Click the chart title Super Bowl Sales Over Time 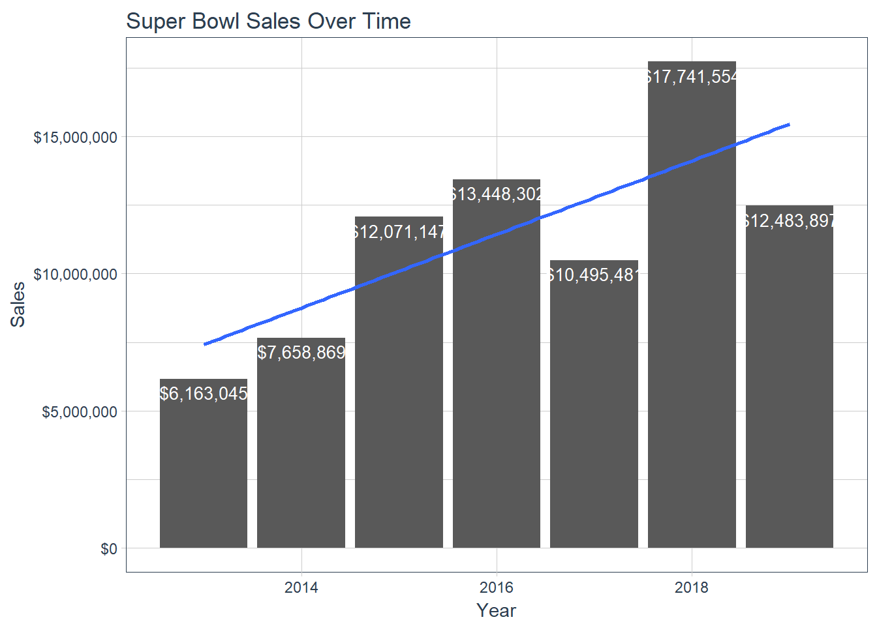pos(268,22)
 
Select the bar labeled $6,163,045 pos(204,469)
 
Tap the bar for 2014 pos(301,456)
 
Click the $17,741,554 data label pos(692,77)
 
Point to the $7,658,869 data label pos(301,353)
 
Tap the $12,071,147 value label pos(399,232)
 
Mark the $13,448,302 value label pos(497,194)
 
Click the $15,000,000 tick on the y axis pos(76,138)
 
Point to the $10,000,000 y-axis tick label pos(76,275)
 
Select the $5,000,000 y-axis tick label pos(80,412)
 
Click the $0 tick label pos(109,549)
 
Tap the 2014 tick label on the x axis pos(301,588)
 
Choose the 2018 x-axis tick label pos(692,588)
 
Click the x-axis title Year pos(496,611)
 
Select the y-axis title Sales pos(18,305)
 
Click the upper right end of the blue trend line pos(788,125)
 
